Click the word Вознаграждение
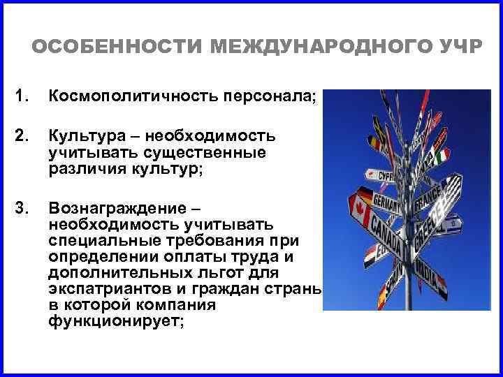(117, 207)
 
